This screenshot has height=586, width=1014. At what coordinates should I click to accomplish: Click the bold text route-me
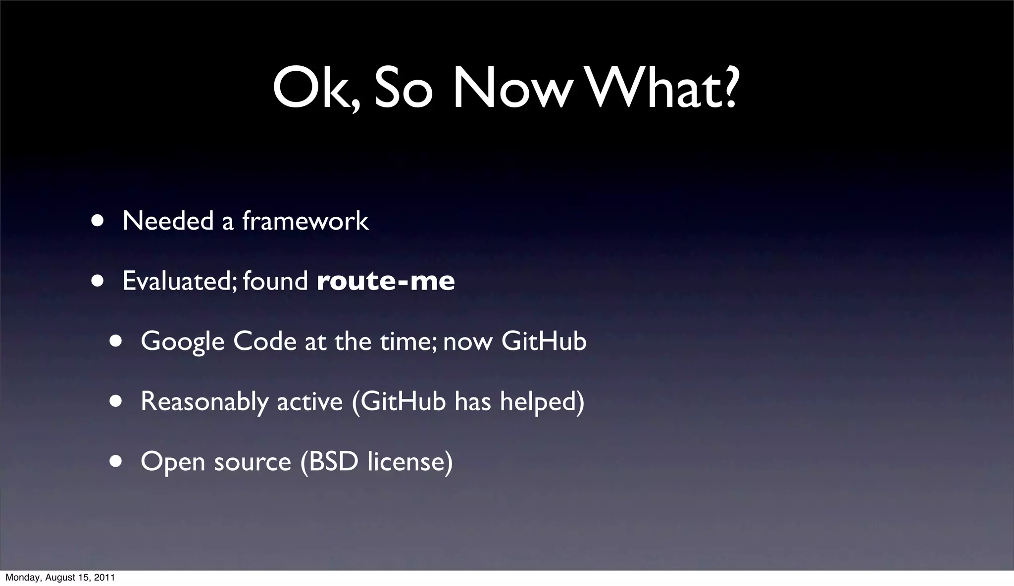pos(386,281)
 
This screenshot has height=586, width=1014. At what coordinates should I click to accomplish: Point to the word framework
pos(305,220)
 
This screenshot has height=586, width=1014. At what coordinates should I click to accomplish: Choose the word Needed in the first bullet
pos(168,220)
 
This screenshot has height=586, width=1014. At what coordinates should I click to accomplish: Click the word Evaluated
pos(180,281)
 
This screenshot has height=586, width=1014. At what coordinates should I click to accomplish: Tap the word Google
pos(182,342)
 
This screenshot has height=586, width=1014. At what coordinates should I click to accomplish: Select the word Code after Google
pos(264,341)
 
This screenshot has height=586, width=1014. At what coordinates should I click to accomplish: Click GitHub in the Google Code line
pos(544,341)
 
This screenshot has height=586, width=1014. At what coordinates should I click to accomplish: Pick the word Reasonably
pos(204,401)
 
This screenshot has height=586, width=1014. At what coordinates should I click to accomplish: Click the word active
pos(309,401)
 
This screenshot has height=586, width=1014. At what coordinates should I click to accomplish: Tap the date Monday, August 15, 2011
pos(60,578)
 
